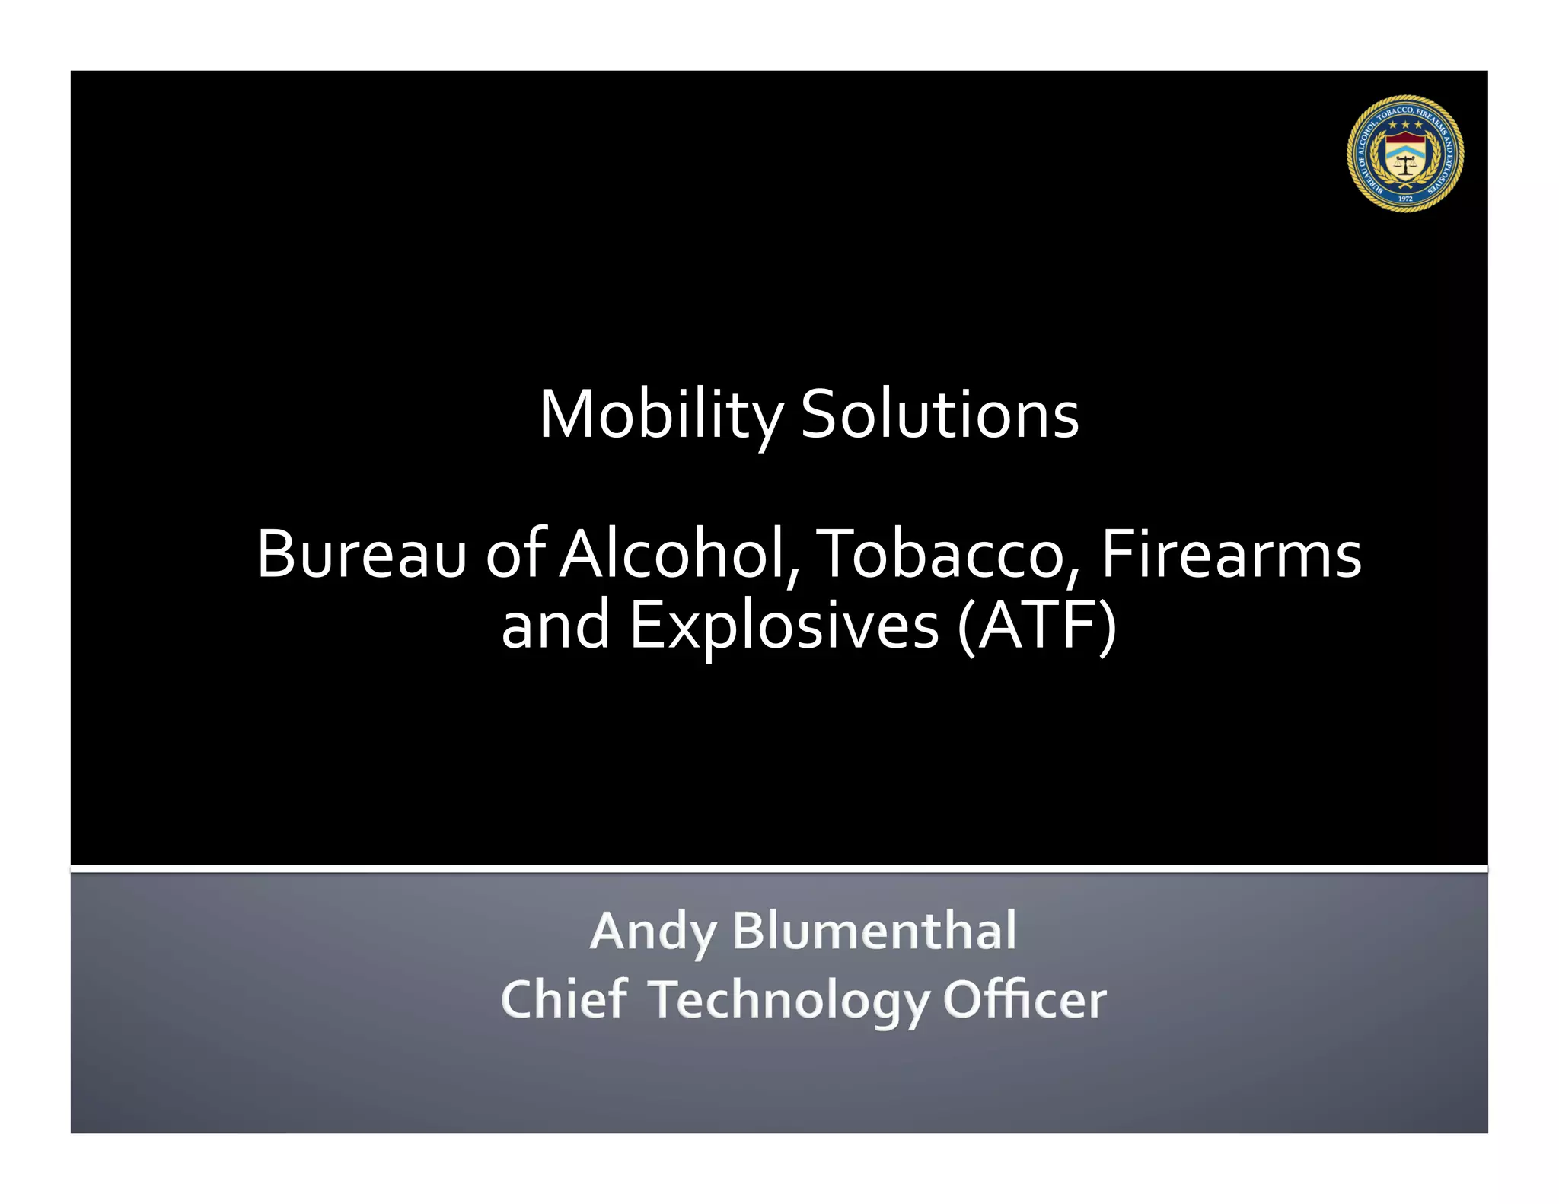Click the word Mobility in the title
click(x=661, y=416)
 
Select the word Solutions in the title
click(x=939, y=416)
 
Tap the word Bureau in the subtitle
click(x=361, y=555)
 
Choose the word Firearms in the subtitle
click(x=1231, y=555)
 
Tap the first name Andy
click(x=653, y=932)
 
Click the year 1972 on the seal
click(x=1405, y=199)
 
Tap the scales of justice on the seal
click(x=1405, y=166)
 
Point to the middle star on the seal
click(x=1405, y=124)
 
